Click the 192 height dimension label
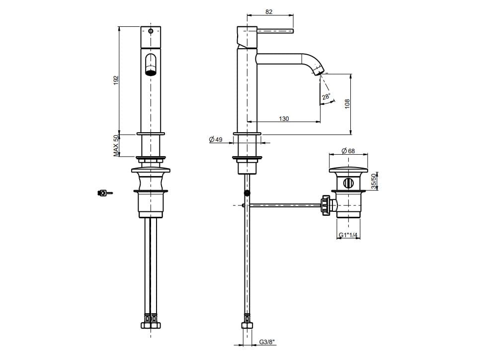coord(116,80)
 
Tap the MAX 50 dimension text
coord(116,146)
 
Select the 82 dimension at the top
coord(269,11)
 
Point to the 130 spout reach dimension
coord(284,118)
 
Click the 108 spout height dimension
coord(347,104)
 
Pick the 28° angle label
coord(326,96)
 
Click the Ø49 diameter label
coord(216,140)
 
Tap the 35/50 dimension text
coord(373,181)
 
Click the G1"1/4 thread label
coord(348,235)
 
